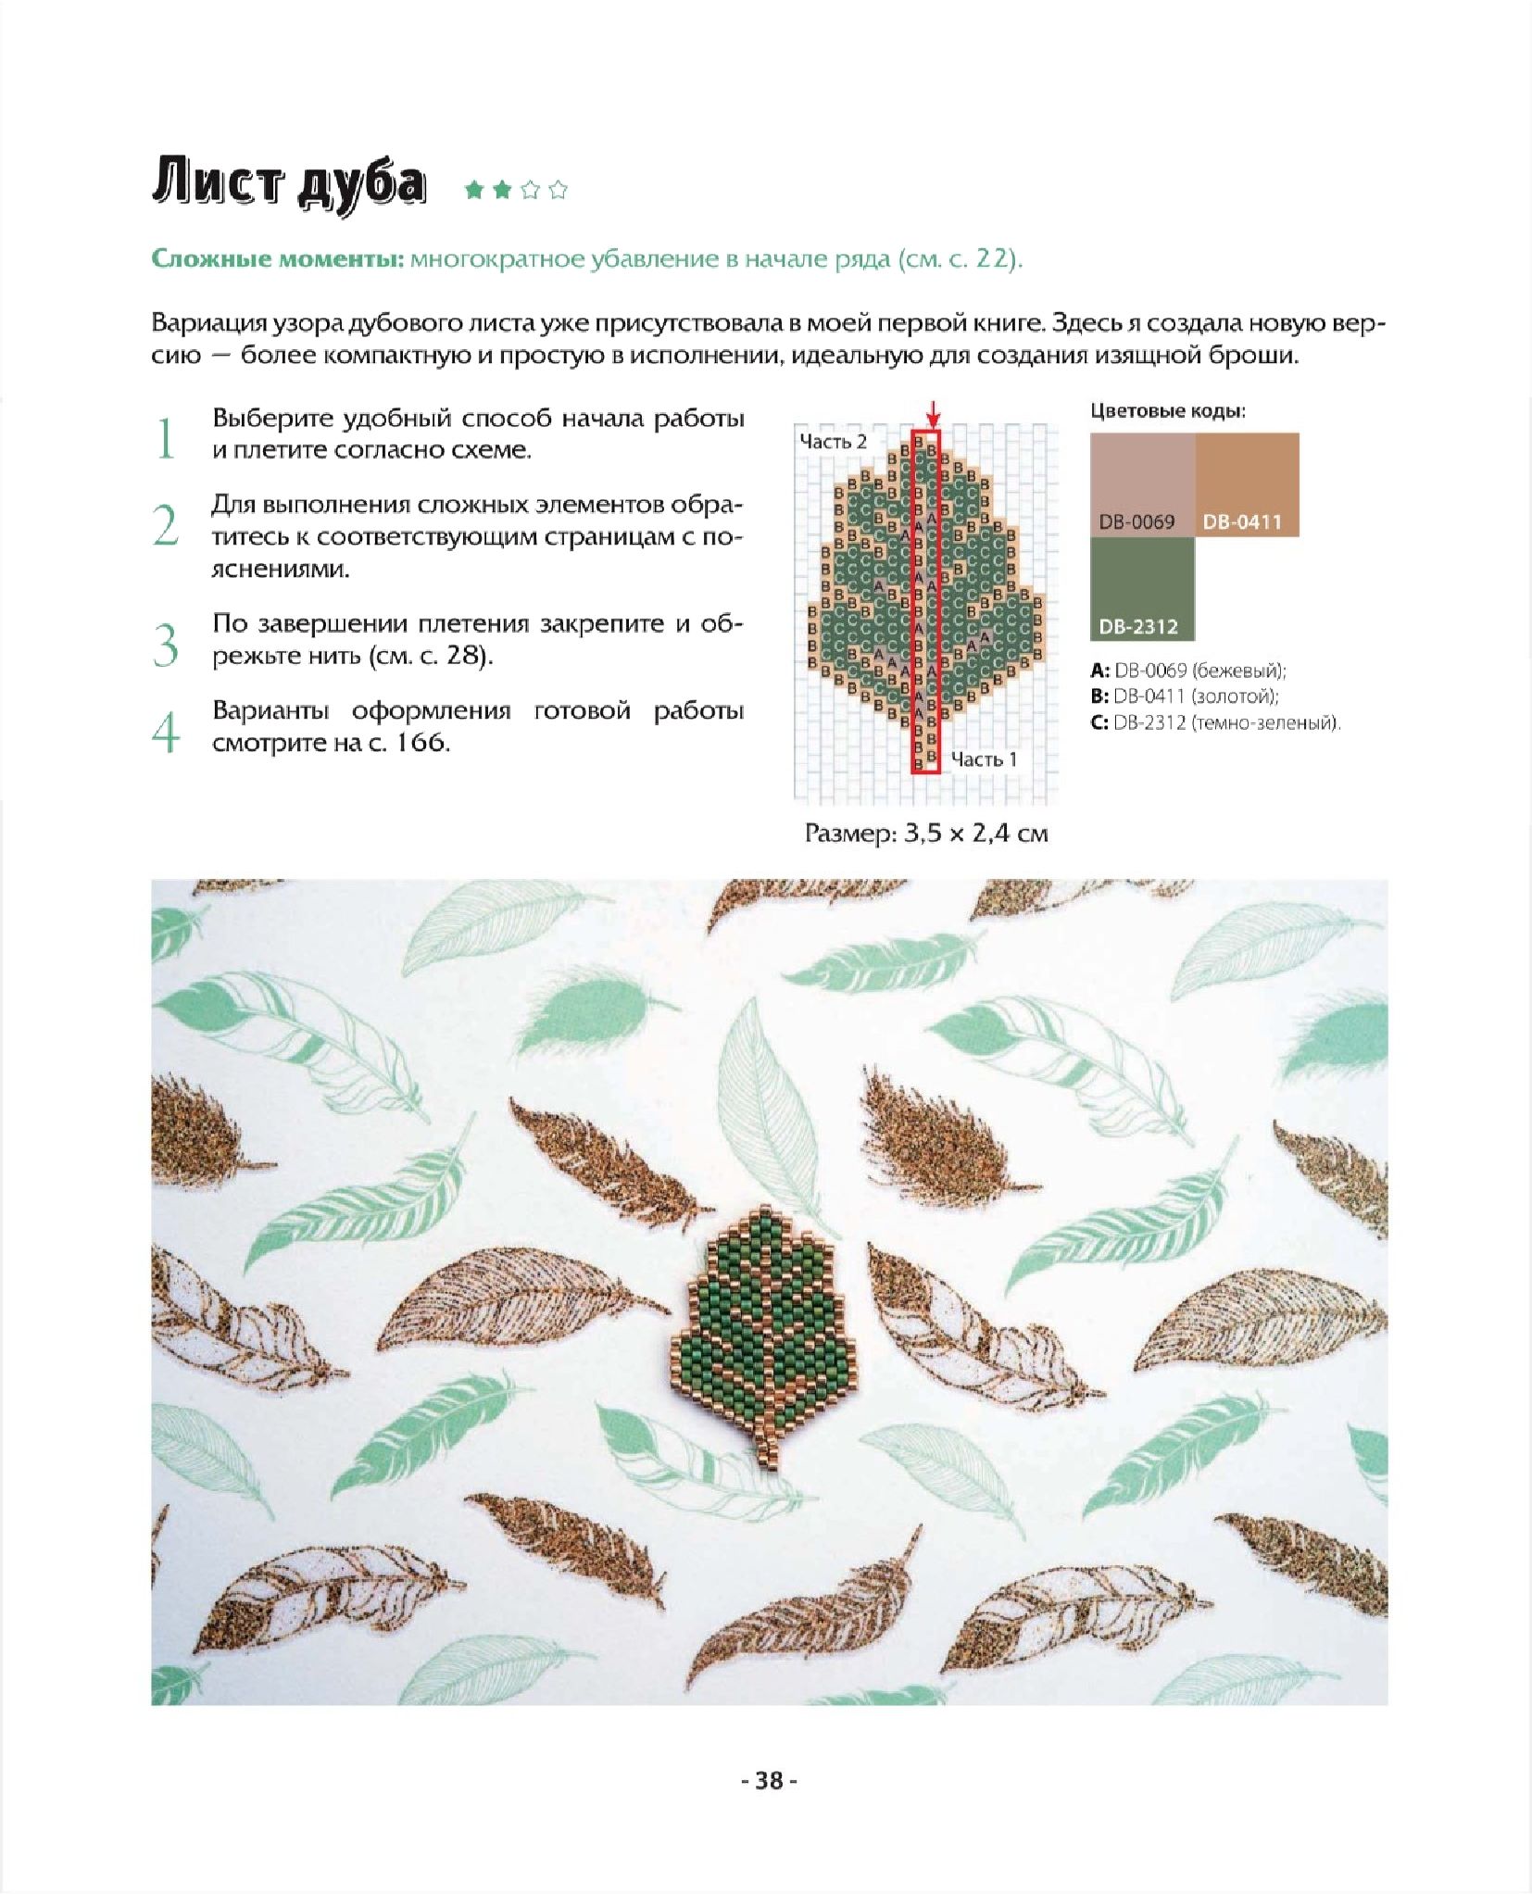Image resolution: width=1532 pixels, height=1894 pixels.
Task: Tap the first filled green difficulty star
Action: coord(474,191)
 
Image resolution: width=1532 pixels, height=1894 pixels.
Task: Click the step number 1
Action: coord(166,438)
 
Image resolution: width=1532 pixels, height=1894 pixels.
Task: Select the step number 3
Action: coord(166,645)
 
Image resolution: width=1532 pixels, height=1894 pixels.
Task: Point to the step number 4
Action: coord(166,733)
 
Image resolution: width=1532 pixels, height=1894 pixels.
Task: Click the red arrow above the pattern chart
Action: coord(933,413)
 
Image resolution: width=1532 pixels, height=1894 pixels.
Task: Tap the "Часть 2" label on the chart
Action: coord(833,442)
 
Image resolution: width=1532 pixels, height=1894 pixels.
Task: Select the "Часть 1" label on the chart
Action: coord(984,759)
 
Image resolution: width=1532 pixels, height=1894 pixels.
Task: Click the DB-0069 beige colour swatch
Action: coord(1142,484)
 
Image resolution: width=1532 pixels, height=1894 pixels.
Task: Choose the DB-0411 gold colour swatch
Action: coord(1247,484)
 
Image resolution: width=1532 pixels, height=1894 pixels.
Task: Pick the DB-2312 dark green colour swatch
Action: coord(1142,589)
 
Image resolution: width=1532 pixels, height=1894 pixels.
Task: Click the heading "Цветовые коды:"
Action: coord(1168,411)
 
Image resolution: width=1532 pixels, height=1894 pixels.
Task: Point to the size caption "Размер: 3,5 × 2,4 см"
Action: coord(926,834)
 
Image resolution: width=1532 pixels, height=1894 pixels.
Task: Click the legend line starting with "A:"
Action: coord(1188,671)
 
